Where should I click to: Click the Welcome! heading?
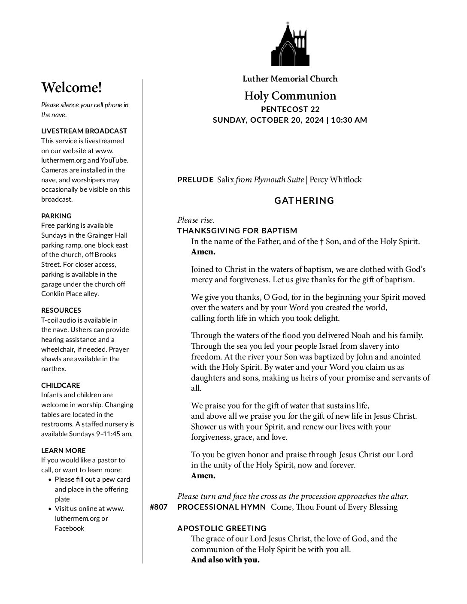[72, 88]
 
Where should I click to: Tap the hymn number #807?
[158, 507]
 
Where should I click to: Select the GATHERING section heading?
[304, 200]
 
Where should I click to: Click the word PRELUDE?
[195, 180]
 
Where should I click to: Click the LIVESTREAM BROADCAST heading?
[84, 131]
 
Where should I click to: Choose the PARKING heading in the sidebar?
[56, 216]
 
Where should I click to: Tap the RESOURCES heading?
[61, 310]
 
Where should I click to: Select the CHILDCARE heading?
[61, 385]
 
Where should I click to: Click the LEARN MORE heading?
[63, 450]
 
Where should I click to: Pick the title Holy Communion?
[290, 96]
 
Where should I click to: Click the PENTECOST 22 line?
[290, 109]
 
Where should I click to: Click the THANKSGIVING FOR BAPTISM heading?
[237, 231]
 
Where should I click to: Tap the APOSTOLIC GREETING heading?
[221, 528]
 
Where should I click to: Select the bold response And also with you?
[225, 560]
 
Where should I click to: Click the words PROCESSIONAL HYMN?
[221, 507]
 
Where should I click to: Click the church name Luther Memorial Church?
[290, 79]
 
